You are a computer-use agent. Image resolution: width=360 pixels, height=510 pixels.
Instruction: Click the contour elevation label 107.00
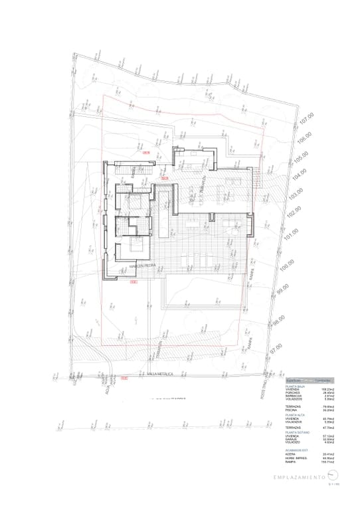tap(305, 120)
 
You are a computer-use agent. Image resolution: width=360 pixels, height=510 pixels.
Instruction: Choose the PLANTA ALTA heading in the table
tap(295, 415)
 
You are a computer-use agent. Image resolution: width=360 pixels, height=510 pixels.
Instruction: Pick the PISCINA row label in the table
tap(292, 410)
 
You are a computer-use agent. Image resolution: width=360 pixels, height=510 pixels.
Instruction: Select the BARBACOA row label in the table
tap(294, 396)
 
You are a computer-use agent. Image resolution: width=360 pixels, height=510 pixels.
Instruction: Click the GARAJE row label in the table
tap(292, 439)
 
